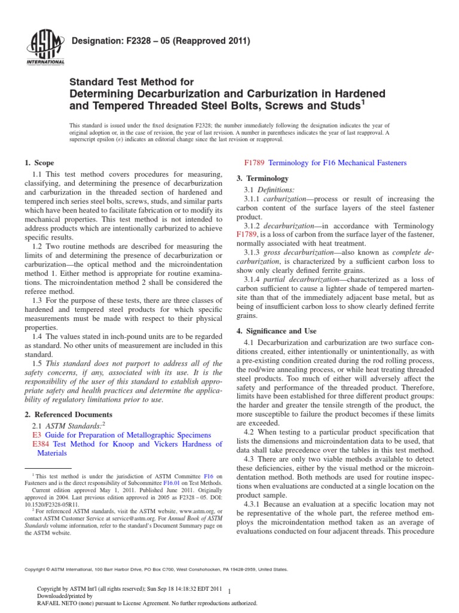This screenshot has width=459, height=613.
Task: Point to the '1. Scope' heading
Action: tap(39, 163)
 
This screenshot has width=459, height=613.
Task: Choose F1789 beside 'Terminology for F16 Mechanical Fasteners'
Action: tap(255, 163)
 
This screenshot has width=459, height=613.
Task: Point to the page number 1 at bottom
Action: tap(230, 590)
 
